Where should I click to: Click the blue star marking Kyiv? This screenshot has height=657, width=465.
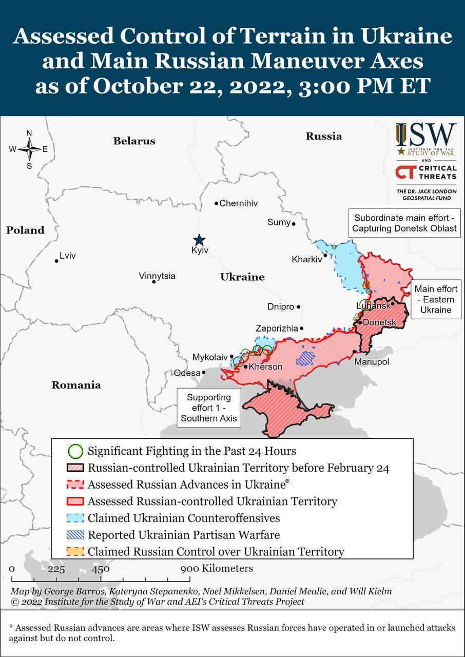[x=199, y=240]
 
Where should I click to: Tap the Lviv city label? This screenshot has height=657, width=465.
[x=68, y=256]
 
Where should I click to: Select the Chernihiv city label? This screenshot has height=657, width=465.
[x=239, y=203]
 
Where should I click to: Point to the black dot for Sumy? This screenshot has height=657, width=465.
[x=294, y=224]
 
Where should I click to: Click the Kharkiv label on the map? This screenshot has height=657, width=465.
[x=306, y=259]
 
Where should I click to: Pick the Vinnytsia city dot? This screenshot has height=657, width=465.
[x=153, y=282]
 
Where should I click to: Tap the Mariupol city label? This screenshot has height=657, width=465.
[x=372, y=362]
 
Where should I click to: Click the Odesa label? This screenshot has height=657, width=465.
[x=187, y=373]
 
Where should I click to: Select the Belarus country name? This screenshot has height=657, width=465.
[x=134, y=141]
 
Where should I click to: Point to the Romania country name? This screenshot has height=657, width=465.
[x=76, y=385]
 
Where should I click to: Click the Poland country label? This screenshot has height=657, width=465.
[x=25, y=230]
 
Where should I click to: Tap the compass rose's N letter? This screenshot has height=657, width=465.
[x=29, y=133]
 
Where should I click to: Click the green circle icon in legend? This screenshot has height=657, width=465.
[x=75, y=452]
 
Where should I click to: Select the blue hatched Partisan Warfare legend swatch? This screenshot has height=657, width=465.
[x=76, y=535]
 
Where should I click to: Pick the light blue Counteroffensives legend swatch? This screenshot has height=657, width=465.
[x=76, y=518]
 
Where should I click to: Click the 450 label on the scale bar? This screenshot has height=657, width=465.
[x=101, y=569]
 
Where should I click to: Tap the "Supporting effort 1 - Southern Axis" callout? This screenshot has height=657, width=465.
[x=209, y=408]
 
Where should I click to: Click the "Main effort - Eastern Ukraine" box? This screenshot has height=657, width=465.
[x=436, y=300]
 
